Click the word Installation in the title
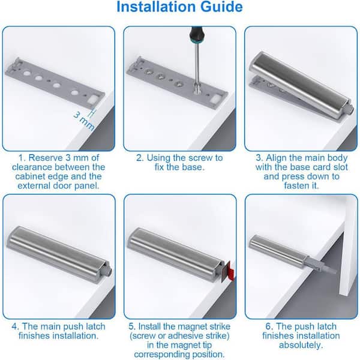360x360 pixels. click(x=156, y=7)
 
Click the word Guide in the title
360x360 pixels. click(x=221, y=7)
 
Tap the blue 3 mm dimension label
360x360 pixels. click(x=84, y=122)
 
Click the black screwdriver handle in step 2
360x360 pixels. click(x=197, y=36)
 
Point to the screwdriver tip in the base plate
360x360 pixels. click(x=197, y=90)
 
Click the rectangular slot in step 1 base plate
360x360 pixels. click(x=93, y=100)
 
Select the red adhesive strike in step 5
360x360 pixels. click(x=231, y=271)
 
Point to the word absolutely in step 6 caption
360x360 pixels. click(x=301, y=345)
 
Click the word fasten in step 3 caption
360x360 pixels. click(x=295, y=185)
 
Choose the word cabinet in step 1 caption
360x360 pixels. click(x=31, y=176)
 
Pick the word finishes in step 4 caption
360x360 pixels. click(x=34, y=335)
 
